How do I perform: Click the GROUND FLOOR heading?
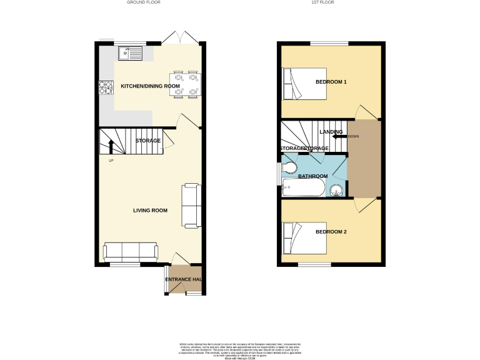(144, 2)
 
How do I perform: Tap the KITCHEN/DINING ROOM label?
(146, 86)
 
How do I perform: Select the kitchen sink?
(133, 53)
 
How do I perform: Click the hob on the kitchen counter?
(104, 89)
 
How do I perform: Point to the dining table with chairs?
(185, 84)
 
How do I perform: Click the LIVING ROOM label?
(150, 211)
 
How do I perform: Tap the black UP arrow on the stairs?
(111, 147)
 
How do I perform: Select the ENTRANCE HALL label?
(184, 279)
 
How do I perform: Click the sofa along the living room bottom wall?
(131, 251)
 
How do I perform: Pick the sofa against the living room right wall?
(191, 205)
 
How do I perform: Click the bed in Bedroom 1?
(305, 84)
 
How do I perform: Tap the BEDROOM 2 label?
(331, 232)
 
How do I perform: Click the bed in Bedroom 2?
(305, 238)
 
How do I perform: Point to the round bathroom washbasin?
(336, 189)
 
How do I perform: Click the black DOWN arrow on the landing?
(338, 136)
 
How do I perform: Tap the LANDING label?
(331, 132)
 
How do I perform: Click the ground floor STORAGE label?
(148, 141)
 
